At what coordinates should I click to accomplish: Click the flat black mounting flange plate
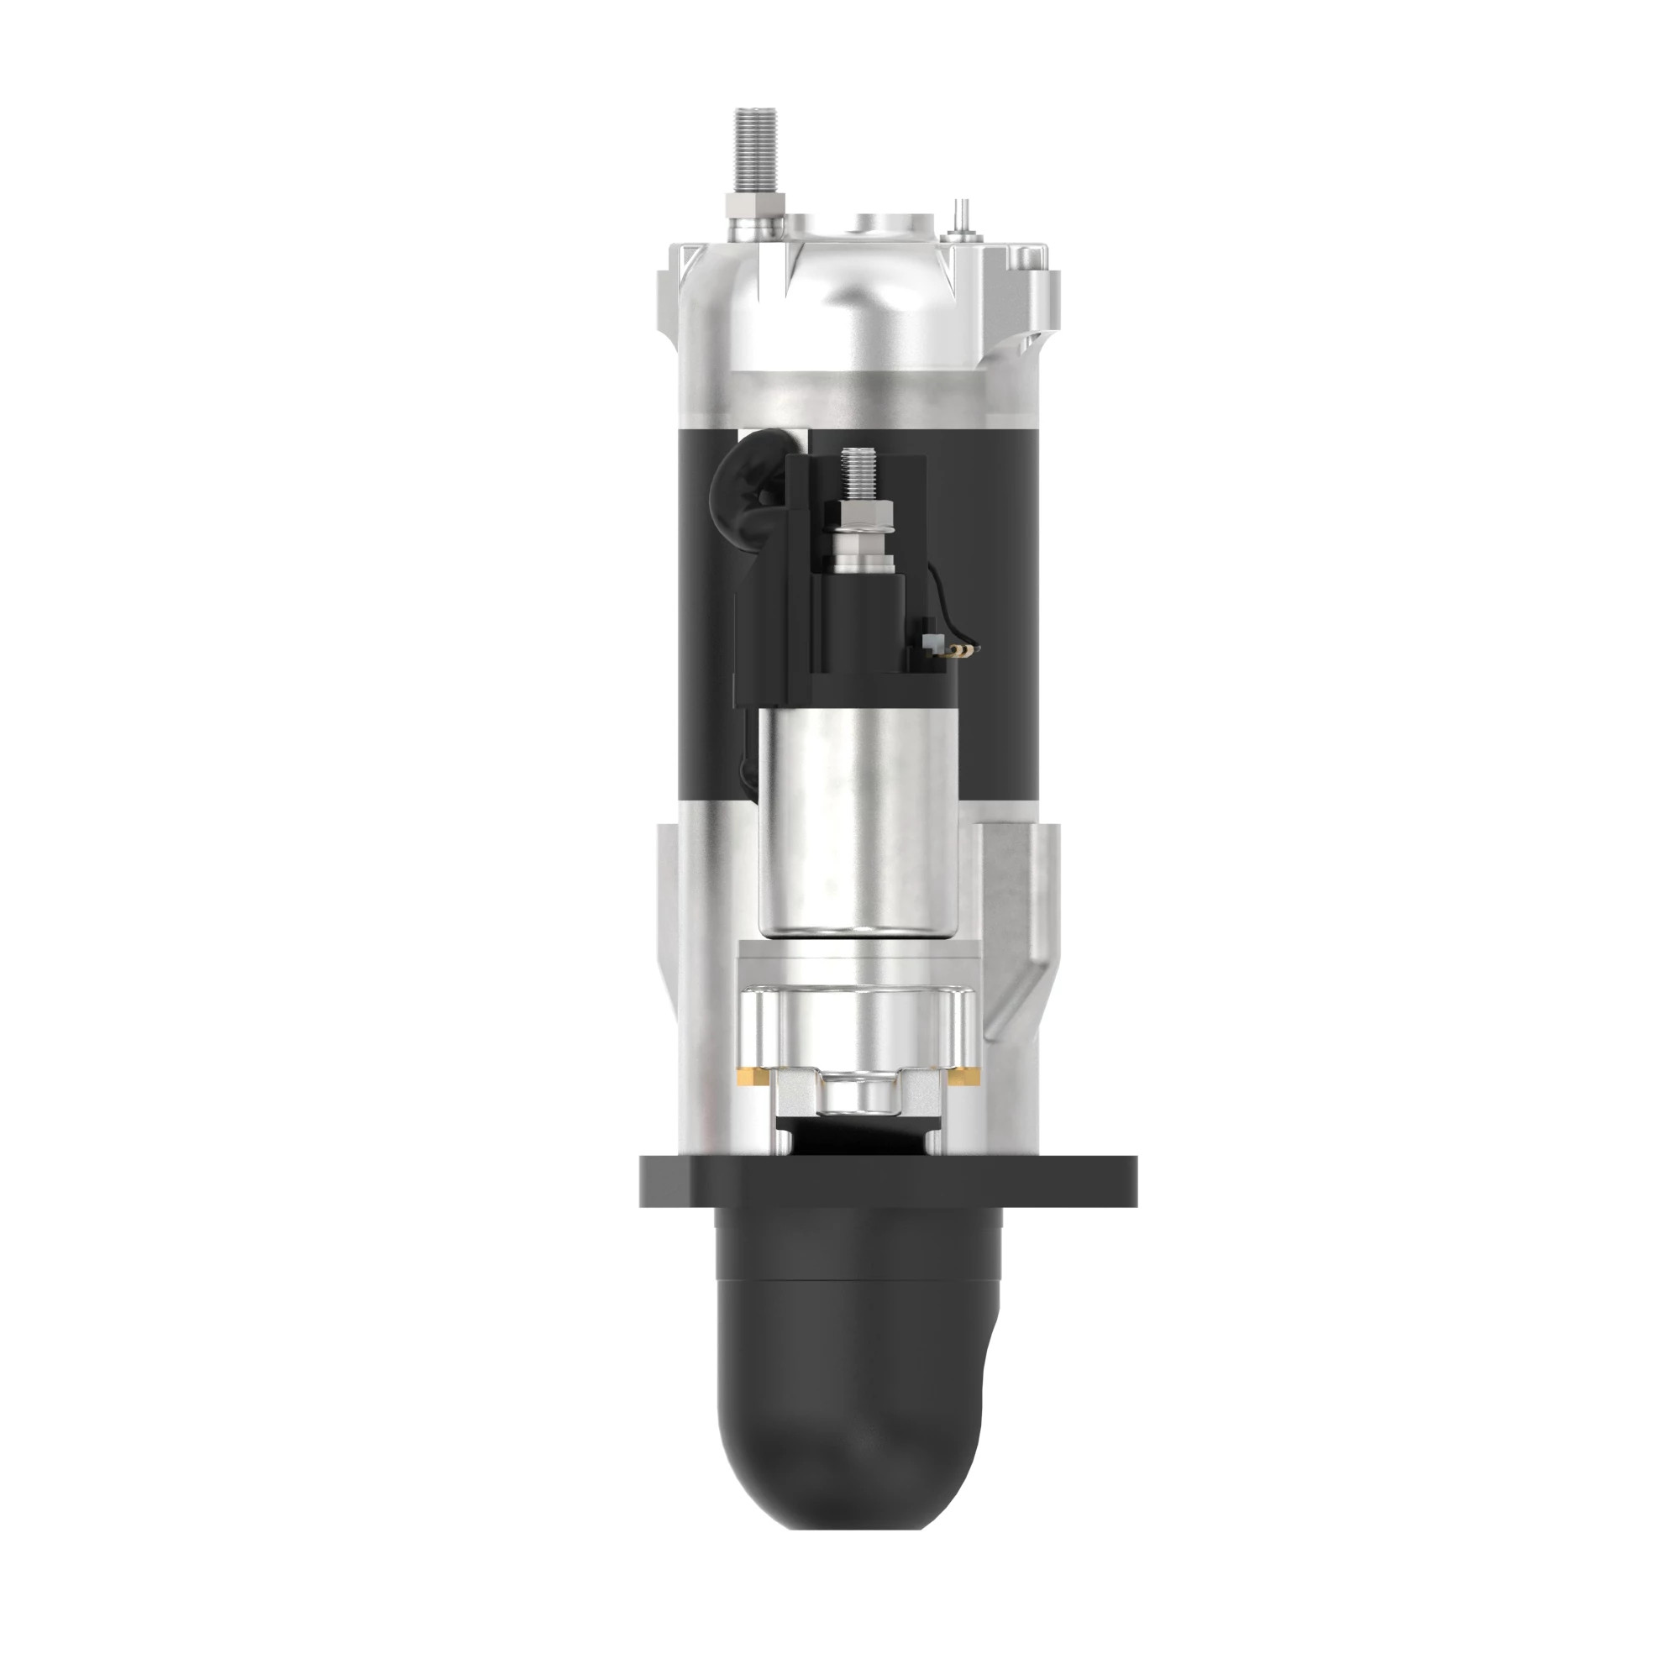click(x=888, y=1180)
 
